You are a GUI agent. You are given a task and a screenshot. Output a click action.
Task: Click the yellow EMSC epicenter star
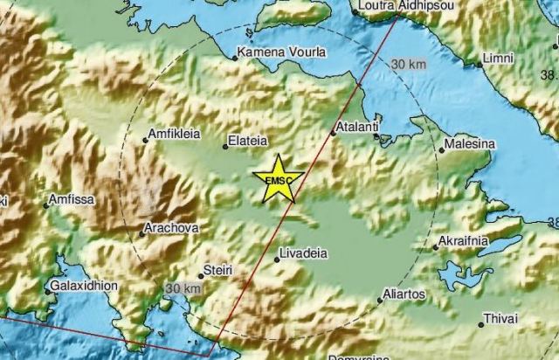(278, 180)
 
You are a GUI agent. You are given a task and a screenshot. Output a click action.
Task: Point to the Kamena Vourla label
(282, 52)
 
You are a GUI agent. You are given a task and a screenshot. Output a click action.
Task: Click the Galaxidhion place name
(86, 285)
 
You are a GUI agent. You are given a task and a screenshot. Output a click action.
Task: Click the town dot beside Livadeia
(277, 260)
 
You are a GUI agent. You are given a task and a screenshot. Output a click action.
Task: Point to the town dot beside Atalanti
(334, 133)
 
